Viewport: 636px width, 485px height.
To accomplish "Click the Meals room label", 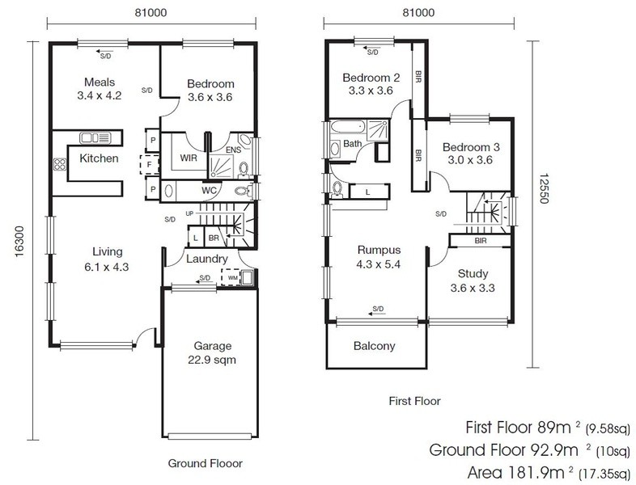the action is pyautogui.click(x=100, y=82).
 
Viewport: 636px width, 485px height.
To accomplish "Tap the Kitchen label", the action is pyautogui.click(x=99, y=158).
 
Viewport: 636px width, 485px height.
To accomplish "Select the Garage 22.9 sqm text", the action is pyautogui.click(x=212, y=353).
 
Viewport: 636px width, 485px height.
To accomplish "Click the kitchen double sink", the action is pyautogui.click(x=95, y=137).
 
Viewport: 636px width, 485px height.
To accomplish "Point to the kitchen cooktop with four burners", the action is pyautogui.click(x=60, y=165).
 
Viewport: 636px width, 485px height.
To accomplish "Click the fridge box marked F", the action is pyautogui.click(x=149, y=165).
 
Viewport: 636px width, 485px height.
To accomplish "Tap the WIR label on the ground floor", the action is pyautogui.click(x=189, y=158).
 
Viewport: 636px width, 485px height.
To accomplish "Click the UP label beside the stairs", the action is pyautogui.click(x=189, y=213).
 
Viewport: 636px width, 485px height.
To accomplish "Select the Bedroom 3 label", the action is pyautogui.click(x=471, y=147).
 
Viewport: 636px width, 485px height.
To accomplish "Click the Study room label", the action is pyautogui.click(x=473, y=274).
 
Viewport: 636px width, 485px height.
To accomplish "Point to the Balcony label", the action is pyautogui.click(x=374, y=346).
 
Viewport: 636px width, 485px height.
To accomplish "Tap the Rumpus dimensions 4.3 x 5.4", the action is pyautogui.click(x=379, y=264).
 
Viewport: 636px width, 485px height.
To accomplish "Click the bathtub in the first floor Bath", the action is pyautogui.click(x=348, y=128).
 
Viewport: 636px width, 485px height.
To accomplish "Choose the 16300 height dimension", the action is pyautogui.click(x=19, y=242).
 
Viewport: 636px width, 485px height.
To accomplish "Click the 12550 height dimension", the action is pyautogui.click(x=544, y=189).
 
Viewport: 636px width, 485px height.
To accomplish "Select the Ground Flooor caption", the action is pyautogui.click(x=206, y=463).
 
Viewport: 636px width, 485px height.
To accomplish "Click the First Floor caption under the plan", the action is pyautogui.click(x=414, y=401).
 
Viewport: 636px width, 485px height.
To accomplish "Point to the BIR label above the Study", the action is pyautogui.click(x=481, y=241).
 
